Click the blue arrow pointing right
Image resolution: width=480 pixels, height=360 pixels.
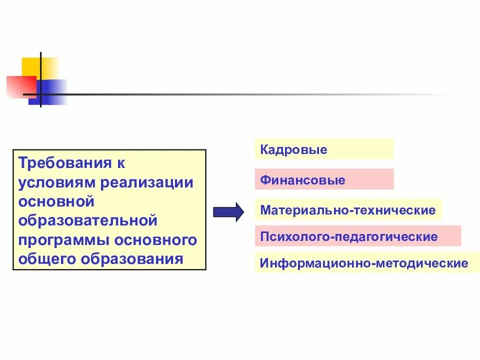click(228, 212)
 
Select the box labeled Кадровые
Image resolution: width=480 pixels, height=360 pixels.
click(324, 149)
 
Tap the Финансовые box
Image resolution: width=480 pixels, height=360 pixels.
click(324, 179)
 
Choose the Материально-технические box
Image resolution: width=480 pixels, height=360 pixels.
click(348, 210)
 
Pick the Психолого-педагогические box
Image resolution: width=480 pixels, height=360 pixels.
click(357, 236)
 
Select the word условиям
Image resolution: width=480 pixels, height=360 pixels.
click(58, 182)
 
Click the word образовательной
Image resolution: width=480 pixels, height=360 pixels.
click(88, 220)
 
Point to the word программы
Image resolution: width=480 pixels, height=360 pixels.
click(63, 240)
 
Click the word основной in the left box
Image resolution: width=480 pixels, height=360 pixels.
click(56, 201)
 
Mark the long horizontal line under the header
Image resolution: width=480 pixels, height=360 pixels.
click(250, 94)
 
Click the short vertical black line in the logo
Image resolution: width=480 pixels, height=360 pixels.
click(41, 65)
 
